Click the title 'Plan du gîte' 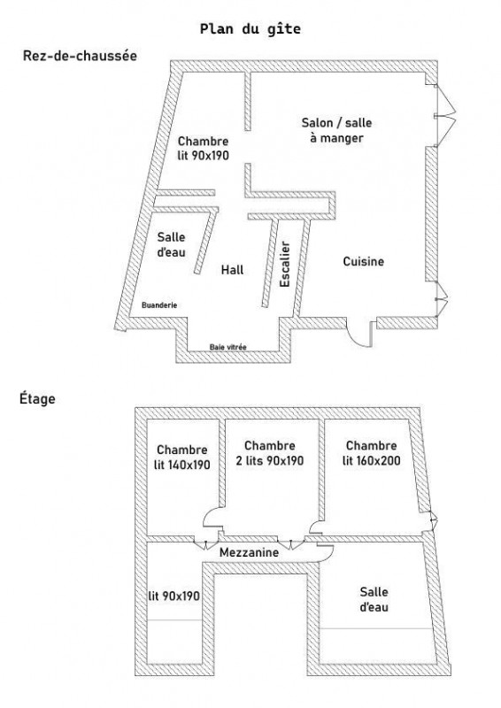(250, 29)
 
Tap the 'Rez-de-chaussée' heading (80, 56)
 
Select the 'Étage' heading (37, 398)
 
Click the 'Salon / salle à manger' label (336, 130)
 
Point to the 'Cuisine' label (363, 261)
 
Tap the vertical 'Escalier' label (285, 264)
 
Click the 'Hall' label (232, 270)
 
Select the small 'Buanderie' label (159, 305)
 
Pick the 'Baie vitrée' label (228, 347)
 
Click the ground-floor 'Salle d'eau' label (171, 244)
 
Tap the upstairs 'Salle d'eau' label (374, 599)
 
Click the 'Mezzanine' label (249, 552)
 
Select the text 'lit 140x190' (182, 465)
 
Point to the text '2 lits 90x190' (270, 460)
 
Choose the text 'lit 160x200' (372, 460)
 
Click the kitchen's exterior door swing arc (355, 339)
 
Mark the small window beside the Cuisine (441, 298)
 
